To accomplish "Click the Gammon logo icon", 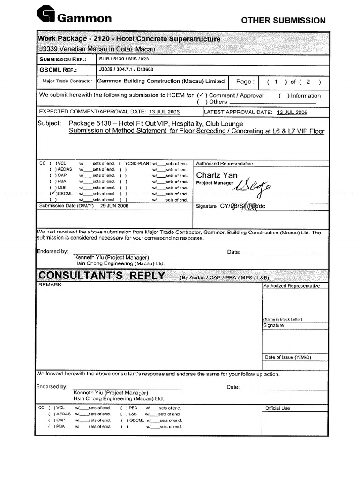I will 46,14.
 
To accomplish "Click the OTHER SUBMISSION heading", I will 283,20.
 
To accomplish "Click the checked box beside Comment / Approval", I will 202,95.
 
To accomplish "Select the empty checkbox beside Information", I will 282,96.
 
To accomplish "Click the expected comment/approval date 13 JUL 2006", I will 164,112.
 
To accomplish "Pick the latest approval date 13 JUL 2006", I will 292,112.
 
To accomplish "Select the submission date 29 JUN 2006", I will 114,205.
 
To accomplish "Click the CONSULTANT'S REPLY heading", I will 102,275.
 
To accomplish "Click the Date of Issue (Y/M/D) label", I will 288,357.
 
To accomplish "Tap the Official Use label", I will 277,408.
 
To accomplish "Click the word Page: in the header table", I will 246,82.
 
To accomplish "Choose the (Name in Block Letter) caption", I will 283,319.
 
